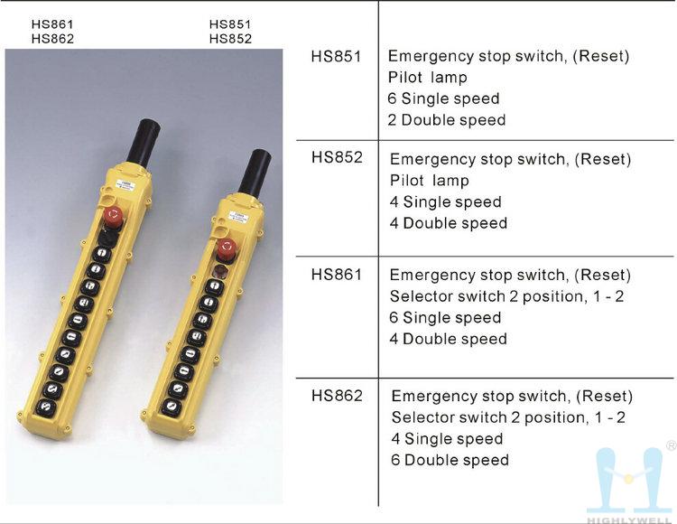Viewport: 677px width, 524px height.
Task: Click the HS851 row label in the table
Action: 336,57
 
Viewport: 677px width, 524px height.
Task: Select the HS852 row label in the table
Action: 337,157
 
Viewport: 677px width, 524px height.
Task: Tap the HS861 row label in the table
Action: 337,275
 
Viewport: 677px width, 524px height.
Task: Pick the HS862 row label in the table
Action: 337,396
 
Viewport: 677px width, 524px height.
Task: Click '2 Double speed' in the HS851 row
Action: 447,120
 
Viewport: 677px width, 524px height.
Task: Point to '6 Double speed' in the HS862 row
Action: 450,460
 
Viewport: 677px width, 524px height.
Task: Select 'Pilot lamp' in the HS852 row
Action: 429,181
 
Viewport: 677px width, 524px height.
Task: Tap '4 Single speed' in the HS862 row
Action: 447,439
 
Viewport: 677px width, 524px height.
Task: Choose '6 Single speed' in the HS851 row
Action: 443,98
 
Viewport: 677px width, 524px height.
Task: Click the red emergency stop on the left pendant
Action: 114,215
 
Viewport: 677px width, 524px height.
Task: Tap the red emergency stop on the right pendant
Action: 227,248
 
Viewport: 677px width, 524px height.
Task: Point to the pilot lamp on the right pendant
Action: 219,272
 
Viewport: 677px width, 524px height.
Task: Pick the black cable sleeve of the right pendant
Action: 255,172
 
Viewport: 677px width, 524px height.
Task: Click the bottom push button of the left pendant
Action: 45,407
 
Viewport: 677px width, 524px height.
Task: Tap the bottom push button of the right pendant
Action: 171,407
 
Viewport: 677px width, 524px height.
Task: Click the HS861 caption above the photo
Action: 52,24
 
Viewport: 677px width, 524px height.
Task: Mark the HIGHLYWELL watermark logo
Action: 630,485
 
